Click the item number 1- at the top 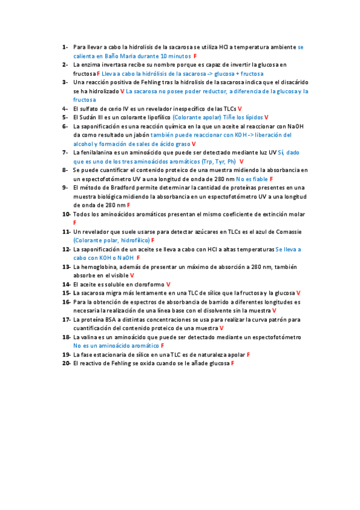[64, 47]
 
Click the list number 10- [66, 214]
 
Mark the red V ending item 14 [168, 284]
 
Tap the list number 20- [66, 364]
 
